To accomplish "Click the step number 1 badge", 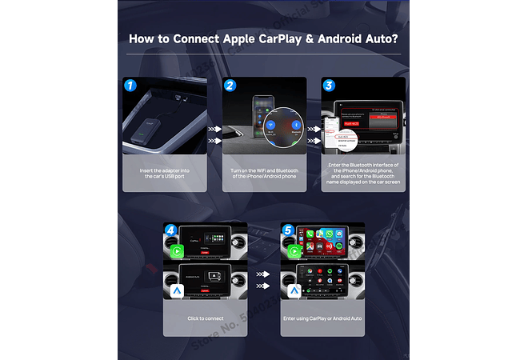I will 131,86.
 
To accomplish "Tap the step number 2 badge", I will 230,86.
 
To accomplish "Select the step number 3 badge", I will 329,86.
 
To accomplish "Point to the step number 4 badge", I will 171,230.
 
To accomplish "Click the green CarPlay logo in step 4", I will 176,250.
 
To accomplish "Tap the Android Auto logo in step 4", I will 176,292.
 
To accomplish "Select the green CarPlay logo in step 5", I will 293,250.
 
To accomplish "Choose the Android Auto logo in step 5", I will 293,292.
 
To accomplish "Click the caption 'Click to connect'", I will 204,318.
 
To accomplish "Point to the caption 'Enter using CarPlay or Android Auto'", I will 323,318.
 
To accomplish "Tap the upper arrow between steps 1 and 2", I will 213,127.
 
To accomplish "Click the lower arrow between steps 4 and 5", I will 262,285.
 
